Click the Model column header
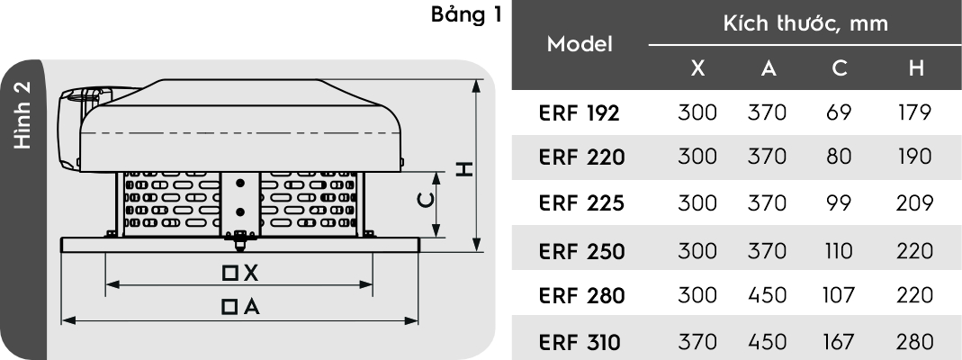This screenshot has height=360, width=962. [580, 44]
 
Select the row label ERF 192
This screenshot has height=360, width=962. [580, 112]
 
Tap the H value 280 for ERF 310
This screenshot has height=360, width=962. [915, 342]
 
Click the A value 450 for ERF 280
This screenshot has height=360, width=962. [767, 296]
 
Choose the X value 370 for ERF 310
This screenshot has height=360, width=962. [697, 342]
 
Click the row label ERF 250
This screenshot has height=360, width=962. [581, 251]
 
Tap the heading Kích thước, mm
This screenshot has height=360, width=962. [805, 24]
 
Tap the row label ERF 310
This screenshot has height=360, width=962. [580, 342]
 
